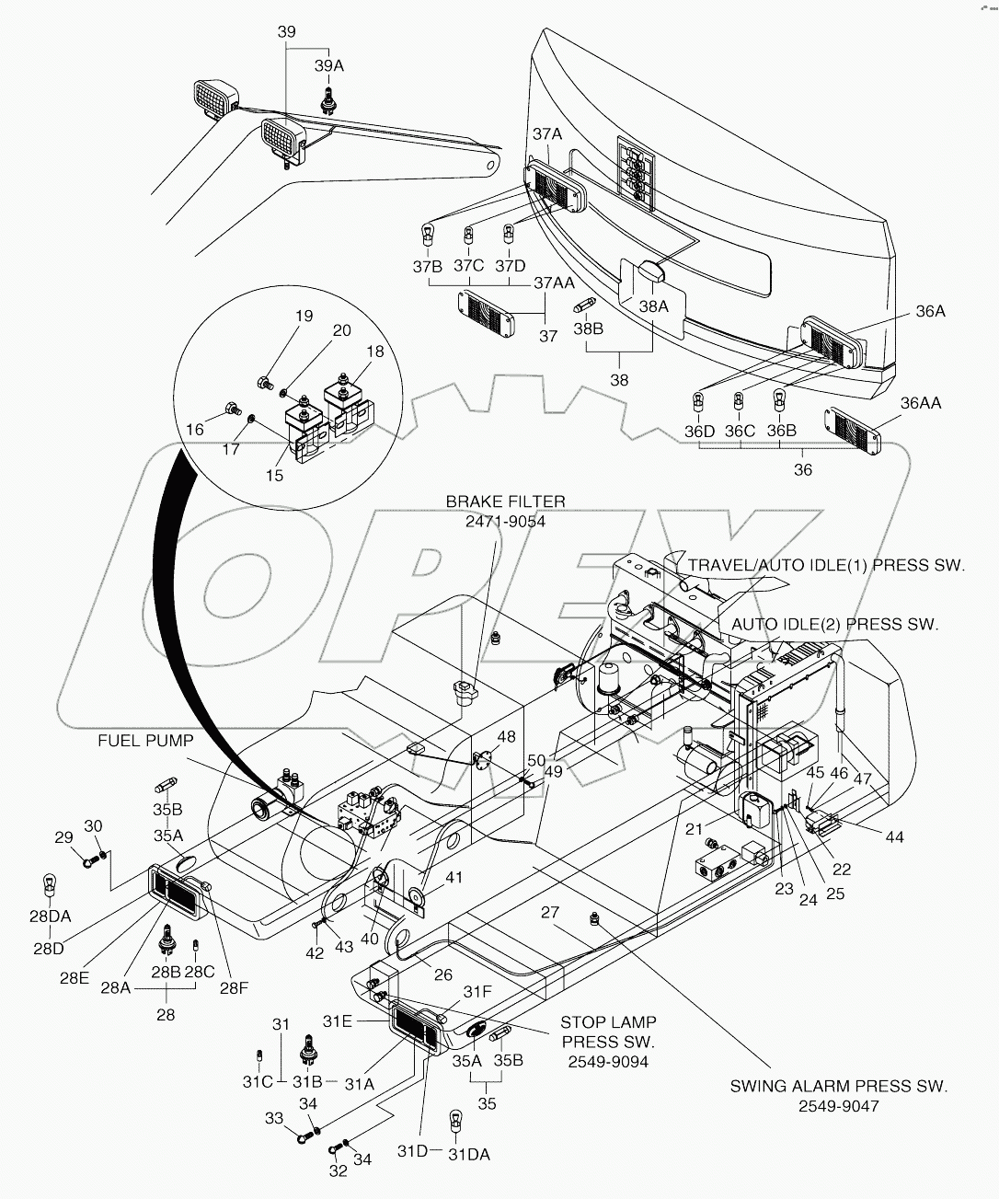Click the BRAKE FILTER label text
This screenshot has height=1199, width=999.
click(505, 502)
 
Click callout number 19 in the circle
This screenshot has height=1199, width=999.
click(304, 317)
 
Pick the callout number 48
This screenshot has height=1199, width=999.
click(507, 736)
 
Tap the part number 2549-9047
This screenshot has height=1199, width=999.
click(838, 1106)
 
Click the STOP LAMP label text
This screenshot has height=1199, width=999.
click(608, 1021)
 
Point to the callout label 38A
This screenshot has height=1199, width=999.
click(654, 306)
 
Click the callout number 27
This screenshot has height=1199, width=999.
click(550, 912)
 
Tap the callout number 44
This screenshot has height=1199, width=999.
click(893, 836)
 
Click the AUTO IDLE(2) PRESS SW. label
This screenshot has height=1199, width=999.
click(834, 624)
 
